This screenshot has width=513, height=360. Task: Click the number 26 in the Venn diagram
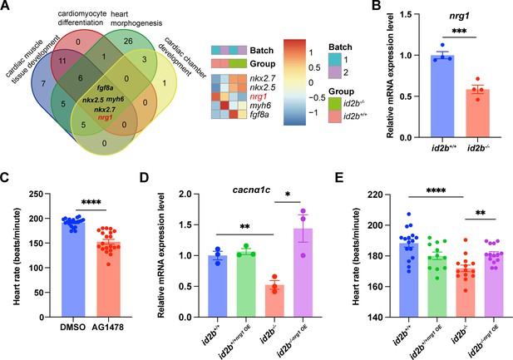129,41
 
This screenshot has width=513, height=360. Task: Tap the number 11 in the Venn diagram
62,62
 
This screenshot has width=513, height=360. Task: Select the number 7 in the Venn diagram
43,84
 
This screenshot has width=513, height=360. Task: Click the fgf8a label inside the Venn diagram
105,87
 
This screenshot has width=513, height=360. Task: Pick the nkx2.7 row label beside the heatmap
263,78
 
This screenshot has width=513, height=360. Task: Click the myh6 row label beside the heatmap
260,106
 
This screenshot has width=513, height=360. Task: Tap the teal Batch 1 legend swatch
335,60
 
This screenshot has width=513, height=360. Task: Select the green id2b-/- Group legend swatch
335,103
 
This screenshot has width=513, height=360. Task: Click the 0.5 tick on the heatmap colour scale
315,67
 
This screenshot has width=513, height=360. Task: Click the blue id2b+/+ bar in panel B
442,96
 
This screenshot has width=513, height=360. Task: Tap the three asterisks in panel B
459,32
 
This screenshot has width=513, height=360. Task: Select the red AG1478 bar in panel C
109,279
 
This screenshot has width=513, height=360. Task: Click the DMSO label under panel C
73,327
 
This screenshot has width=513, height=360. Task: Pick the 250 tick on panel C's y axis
37,194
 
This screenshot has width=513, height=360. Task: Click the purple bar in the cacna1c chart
303,273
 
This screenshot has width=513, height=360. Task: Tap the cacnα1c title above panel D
251,190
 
